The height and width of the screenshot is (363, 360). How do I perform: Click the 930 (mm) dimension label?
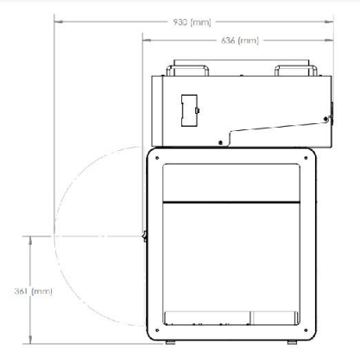(x=192, y=22)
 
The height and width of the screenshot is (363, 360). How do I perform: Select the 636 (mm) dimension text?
(x=240, y=41)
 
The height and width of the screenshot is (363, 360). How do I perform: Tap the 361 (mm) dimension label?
(x=34, y=291)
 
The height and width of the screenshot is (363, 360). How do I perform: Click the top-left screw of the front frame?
(x=157, y=158)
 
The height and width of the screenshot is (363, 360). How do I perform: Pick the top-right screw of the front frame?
(x=306, y=158)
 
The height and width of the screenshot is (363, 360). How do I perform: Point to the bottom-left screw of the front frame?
(x=157, y=330)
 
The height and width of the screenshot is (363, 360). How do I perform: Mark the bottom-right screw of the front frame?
(x=306, y=330)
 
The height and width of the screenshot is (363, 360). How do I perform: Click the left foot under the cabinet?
(x=170, y=342)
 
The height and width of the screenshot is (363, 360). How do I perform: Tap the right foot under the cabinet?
(x=293, y=342)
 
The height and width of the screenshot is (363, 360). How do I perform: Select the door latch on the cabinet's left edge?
(x=144, y=236)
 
